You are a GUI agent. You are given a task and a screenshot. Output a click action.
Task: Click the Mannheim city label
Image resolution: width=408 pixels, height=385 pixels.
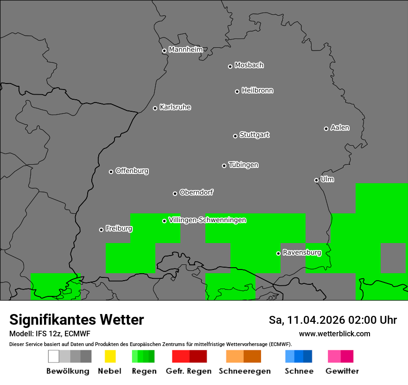click(x=185, y=50)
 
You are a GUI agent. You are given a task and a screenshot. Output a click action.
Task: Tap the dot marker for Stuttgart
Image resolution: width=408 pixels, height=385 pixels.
click(x=235, y=136)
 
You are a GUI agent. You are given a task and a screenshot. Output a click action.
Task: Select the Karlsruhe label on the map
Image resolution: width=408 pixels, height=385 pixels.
click(x=175, y=107)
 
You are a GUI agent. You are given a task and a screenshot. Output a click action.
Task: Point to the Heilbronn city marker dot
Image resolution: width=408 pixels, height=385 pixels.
click(x=237, y=91)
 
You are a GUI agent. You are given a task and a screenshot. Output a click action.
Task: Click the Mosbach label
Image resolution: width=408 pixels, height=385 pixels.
click(x=249, y=65)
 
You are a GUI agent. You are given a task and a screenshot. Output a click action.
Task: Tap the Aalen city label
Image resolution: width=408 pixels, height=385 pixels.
click(x=340, y=128)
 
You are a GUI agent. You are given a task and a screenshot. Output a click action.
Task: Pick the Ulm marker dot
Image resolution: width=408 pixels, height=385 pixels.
click(x=316, y=180)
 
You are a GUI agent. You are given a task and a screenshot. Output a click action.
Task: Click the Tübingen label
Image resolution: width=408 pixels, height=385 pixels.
click(x=243, y=165)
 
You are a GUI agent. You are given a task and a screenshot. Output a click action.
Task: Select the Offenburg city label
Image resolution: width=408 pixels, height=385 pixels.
click(x=132, y=171)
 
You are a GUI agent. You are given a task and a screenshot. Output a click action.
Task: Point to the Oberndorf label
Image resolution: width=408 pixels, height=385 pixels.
click(x=196, y=192)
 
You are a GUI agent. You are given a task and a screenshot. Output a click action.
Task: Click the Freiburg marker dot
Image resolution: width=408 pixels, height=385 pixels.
click(x=101, y=230)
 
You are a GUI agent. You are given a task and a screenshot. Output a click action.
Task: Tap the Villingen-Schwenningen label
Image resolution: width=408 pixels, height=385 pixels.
click(x=207, y=220)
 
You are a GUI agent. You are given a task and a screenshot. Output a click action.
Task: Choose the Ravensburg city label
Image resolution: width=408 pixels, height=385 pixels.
click(x=302, y=252)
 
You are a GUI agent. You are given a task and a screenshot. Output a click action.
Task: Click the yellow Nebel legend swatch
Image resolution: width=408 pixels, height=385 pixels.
click(x=110, y=356)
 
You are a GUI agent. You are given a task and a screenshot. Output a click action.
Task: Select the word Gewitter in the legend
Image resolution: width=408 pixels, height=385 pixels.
click(x=342, y=371)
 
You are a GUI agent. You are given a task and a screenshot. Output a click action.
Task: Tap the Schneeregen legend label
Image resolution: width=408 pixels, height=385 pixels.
click(x=244, y=371)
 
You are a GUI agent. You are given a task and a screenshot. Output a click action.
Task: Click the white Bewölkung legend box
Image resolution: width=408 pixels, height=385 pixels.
click(x=54, y=356)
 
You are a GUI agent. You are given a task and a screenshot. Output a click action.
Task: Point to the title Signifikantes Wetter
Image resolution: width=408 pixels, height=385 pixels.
click(x=76, y=320)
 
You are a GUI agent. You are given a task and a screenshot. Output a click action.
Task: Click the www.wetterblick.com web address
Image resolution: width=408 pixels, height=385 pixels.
click(x=334, y=334)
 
